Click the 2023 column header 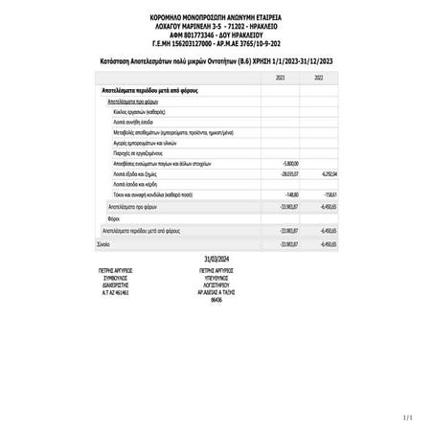pyautogui.click(x=280, y=77)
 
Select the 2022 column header pyautogui.click(x=318, y=77)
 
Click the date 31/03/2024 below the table pyautogui.click(x=216, y=260)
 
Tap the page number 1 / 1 pyautogui.click(x=409, y=417)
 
